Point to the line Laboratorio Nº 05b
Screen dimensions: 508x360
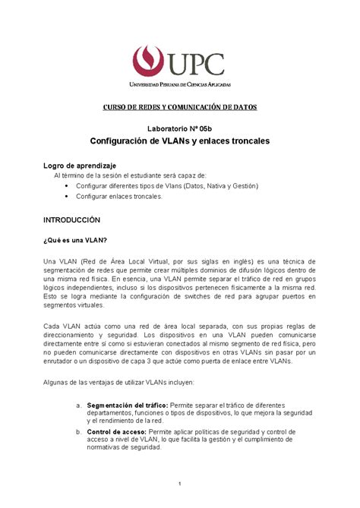180,130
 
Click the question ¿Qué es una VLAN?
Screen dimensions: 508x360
75,239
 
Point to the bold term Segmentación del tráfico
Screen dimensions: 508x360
127,406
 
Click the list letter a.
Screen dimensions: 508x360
79,406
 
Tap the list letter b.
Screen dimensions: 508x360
79,431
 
